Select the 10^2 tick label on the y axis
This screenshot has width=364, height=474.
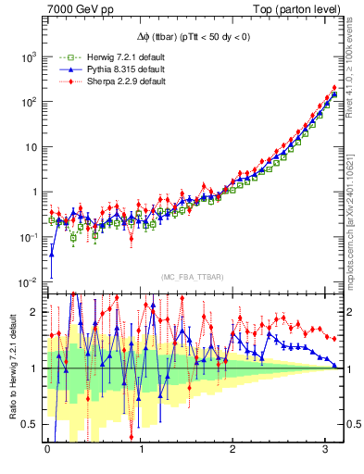(27, 102)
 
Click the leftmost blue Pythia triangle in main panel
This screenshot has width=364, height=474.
(52, 254)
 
